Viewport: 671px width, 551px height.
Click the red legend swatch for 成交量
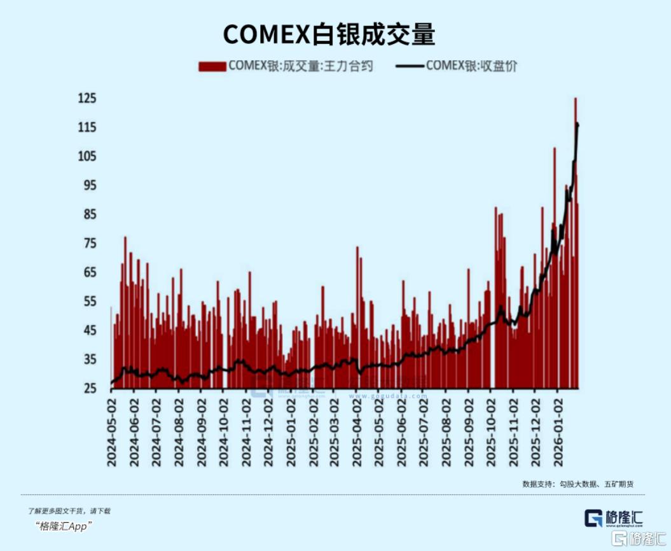(212, 66)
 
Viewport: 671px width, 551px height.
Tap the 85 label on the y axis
(88, 214)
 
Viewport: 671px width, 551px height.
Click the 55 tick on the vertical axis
(88, 302)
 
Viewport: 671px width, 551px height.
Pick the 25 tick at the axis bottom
(88, 389)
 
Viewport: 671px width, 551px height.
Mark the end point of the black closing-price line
(578, 125)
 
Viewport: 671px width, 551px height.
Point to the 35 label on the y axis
(88, 359)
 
